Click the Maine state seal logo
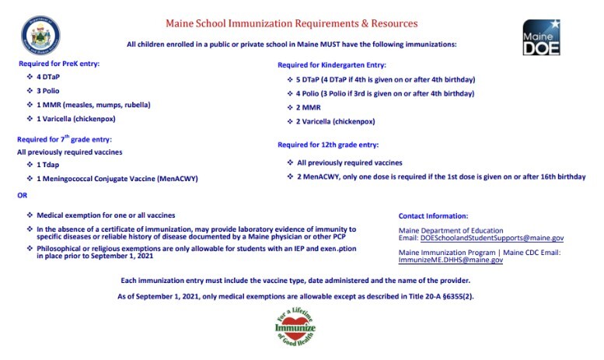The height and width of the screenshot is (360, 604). tap(40, 36)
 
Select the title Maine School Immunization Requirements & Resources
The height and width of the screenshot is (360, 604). tap(292, 24)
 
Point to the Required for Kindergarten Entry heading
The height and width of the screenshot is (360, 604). tap(332, 65)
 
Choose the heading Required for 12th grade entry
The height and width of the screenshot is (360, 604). tap(328, 145)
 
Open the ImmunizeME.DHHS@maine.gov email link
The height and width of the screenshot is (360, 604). tap(451, 260)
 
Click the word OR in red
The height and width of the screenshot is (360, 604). tap(22, 195)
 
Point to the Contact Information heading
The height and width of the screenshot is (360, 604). tap(433, 215)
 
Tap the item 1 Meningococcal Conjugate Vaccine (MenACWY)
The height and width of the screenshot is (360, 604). tap(117, 179)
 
